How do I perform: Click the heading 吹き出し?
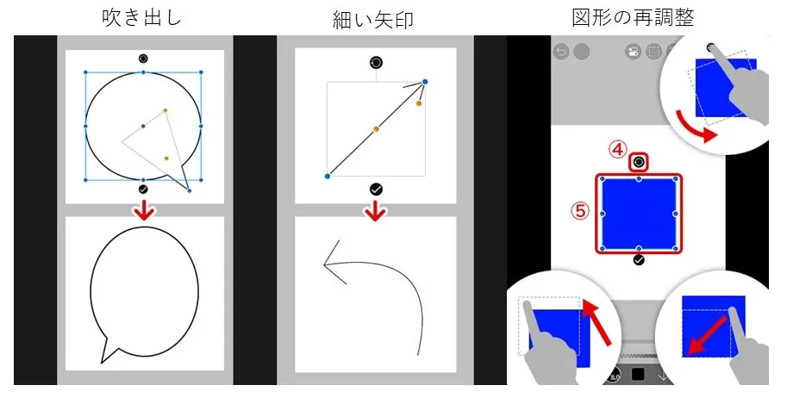tap(143, 18)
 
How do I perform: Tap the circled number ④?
tap(616, 149)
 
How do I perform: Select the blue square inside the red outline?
tap(638, 213)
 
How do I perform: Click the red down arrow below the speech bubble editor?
tap(143, 209)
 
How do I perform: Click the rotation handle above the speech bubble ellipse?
tap(143, 59)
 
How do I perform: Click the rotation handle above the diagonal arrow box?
tap(375, 63)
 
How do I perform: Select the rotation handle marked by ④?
tap(639, 162)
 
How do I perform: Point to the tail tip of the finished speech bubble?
tap(103, 361)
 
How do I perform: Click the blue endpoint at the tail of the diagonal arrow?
tap(327, 177)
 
